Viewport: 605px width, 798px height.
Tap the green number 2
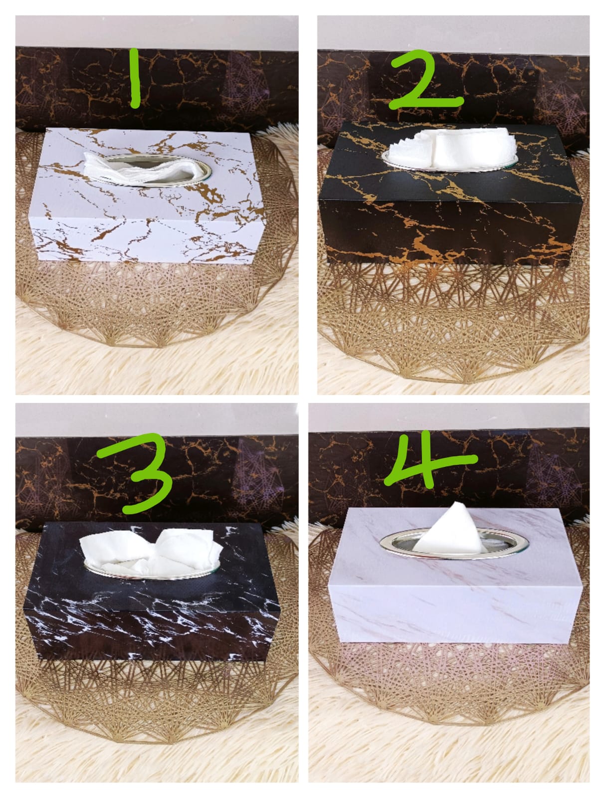423,80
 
